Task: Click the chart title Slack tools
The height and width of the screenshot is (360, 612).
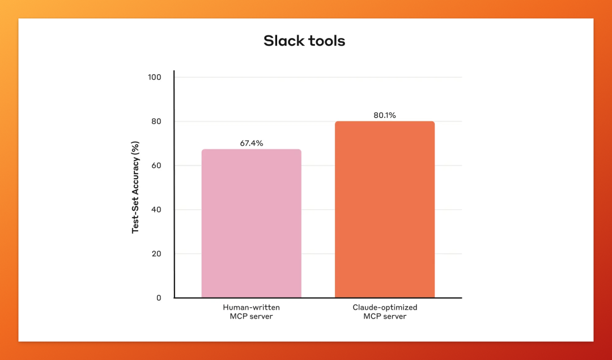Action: tap(304, 41)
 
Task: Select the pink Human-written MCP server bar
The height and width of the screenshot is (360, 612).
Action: tap(252, 223)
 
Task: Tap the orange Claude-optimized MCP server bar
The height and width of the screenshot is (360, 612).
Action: tap(385, 209)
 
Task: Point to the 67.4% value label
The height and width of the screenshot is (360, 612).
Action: tap(252, 143)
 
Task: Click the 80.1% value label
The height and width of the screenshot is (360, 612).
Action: tap(385, 115)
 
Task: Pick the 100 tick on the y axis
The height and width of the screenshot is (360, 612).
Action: tap(155, 77)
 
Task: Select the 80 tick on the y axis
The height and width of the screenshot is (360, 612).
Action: tap(156, 121)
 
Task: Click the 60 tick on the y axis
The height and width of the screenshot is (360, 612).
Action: tap(156, 166)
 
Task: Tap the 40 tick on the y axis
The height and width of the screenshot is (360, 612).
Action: tap(156, 210)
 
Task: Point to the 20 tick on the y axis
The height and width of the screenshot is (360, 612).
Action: tap(156, 254)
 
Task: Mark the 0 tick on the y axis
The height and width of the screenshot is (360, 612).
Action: tap(159, 298)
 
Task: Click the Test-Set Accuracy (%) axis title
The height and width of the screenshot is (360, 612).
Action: tap(135, 188)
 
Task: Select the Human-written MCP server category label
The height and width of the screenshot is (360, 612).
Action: tap(252, 312)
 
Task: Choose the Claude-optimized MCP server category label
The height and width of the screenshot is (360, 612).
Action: tap(385, 312)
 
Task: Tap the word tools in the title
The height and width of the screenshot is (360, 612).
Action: tap(327, 41)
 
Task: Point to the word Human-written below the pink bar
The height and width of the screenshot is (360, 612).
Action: tap(252, 307)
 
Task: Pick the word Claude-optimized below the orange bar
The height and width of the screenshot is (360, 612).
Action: tap(385, 308)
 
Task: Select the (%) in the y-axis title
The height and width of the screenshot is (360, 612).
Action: tap(135, 147)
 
